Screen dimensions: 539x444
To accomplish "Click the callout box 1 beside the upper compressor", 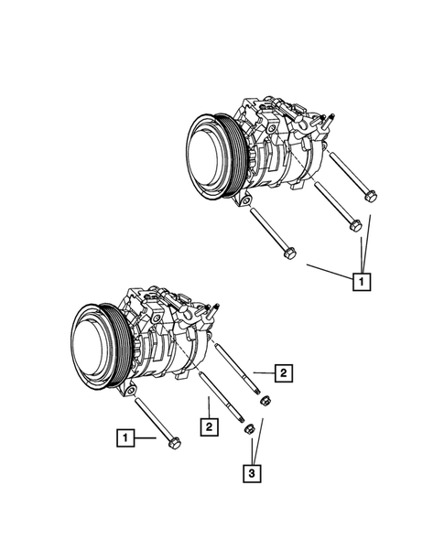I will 363,281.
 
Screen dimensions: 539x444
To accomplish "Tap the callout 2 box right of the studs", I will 285,372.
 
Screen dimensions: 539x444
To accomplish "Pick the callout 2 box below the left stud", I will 211,426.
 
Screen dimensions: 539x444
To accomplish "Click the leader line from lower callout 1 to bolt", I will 146,438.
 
